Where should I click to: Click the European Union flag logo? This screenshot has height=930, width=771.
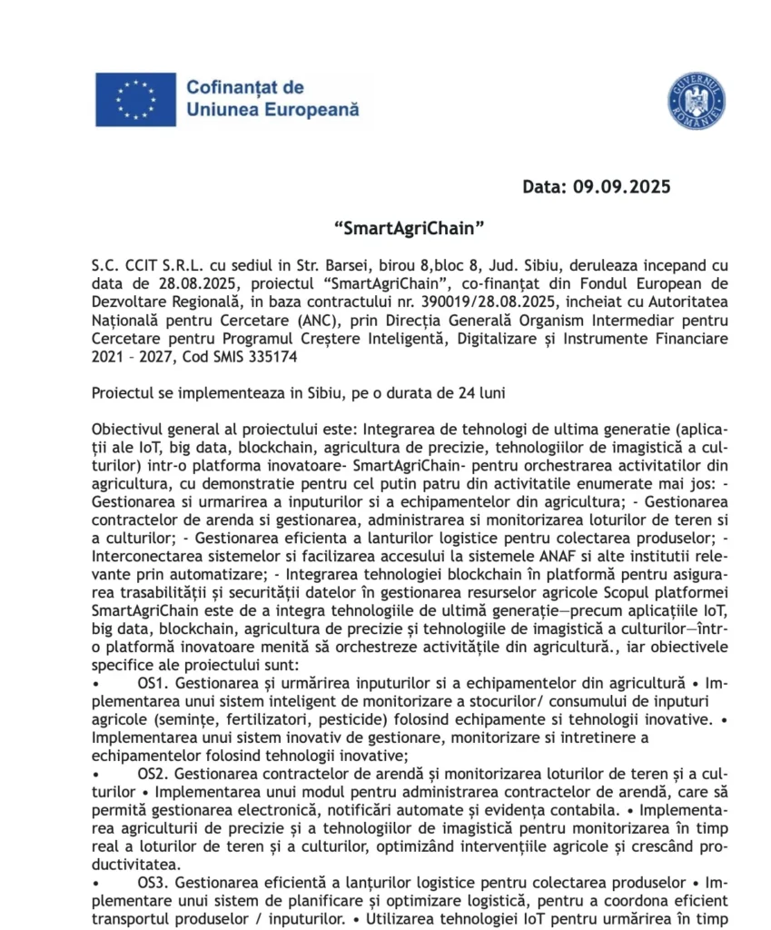tap(135, 99)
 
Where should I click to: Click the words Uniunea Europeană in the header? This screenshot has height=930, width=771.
tap(272, 110)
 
